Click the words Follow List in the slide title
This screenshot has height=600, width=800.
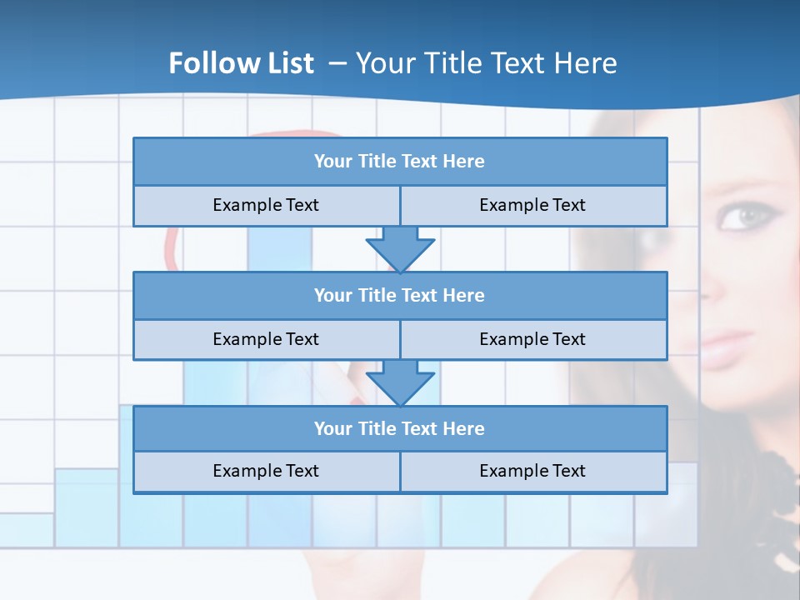coord(241,63)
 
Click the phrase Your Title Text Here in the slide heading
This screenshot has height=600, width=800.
coord(486,63)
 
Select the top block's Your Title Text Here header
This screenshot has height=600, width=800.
coord(399,162)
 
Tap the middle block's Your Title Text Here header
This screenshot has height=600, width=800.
coord(399,295)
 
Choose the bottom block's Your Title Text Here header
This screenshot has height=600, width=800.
coord(399,428)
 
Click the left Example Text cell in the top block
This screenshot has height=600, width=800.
coord(266,205)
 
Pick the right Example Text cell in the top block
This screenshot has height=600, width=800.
coord(532,205)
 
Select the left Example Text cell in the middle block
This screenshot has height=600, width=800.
coord(266,339)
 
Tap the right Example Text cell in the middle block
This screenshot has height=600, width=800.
coord(532,339)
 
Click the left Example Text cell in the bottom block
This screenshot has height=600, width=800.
coord(266,471)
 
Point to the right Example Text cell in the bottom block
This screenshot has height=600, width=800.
coord(532,471)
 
